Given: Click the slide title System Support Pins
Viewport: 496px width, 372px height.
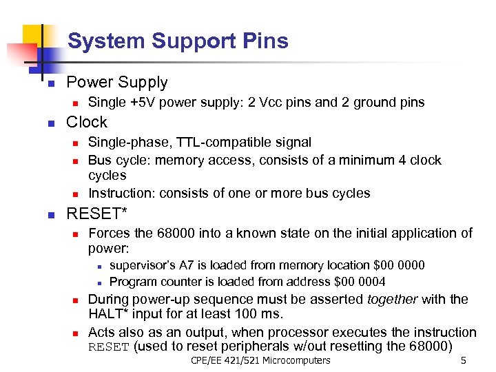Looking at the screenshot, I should [x=178, y=41].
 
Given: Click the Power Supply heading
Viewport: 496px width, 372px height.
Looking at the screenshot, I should [x=116, y=83].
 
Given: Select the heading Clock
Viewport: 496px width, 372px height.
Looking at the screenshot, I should [x=86, y=123].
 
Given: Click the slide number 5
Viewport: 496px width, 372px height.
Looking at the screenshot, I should [x=464, y=360].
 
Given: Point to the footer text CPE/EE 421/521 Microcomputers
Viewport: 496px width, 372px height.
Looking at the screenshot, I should [x=260, y=360].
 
